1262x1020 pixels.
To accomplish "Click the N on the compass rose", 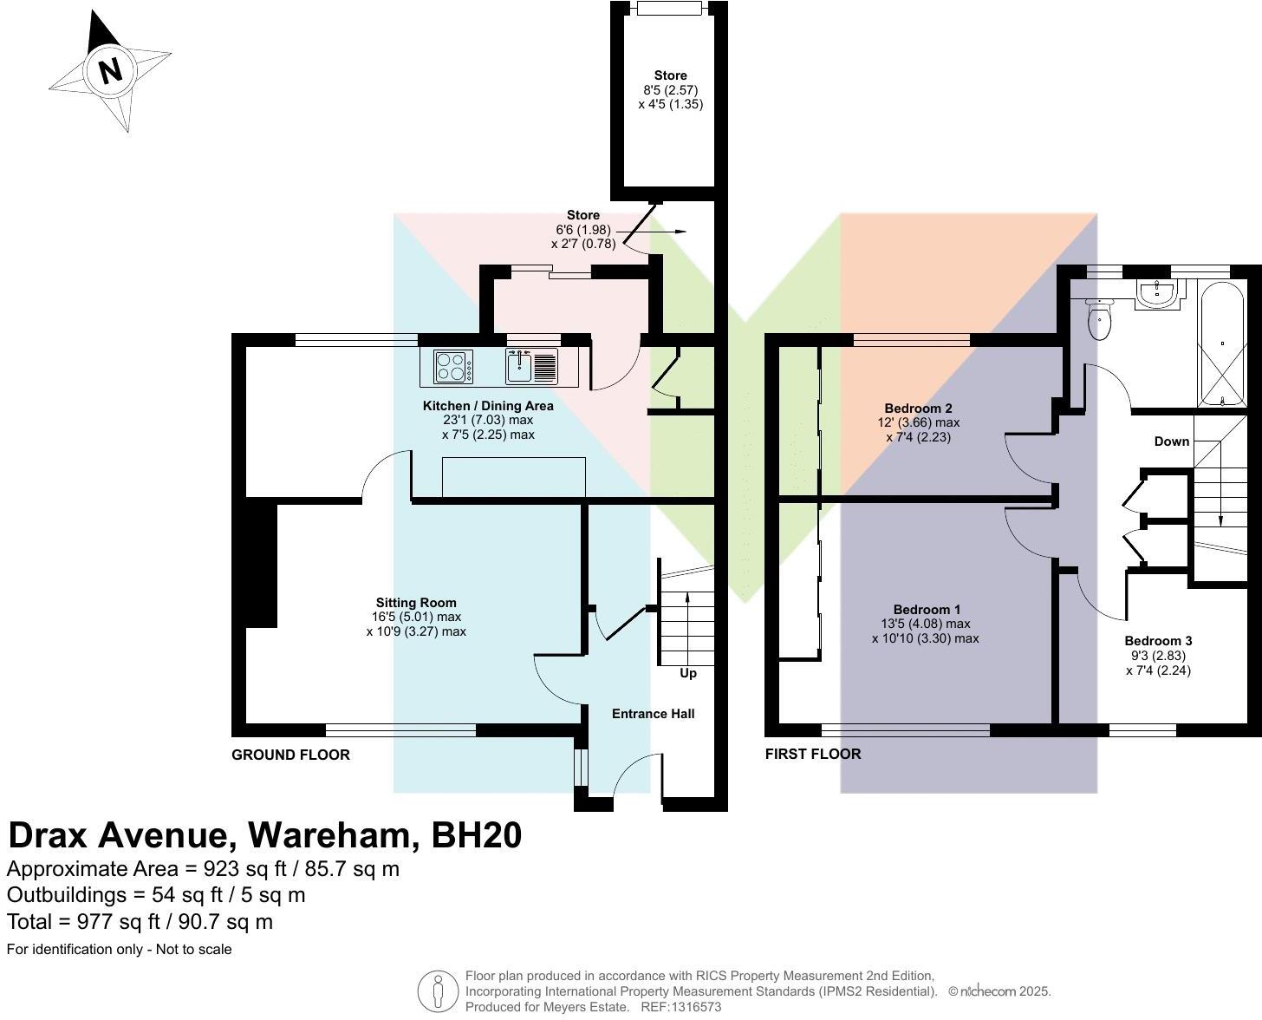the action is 110,71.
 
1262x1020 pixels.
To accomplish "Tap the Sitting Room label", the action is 416,603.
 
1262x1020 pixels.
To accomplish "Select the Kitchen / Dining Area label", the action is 488,406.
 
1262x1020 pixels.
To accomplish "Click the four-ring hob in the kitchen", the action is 454,367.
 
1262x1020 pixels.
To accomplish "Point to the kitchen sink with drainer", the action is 531,367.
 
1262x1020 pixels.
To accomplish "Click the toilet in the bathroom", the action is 1099,319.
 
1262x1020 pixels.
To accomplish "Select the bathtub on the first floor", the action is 1222,343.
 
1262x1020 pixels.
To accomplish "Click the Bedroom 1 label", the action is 927,609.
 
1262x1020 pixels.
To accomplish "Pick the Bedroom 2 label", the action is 918,409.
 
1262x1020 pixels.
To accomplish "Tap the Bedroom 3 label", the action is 1158,641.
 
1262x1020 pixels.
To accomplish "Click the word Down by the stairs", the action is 1171,441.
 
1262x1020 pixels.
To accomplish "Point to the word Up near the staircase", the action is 688,673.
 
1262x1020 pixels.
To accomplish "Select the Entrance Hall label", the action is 653,714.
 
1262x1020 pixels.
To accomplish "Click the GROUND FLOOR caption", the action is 290,755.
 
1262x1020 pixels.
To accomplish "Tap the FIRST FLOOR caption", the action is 813,754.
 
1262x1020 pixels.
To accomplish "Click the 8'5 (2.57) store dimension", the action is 671,90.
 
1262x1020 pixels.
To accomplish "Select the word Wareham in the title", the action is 329,836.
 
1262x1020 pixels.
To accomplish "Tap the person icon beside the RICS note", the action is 438,991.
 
